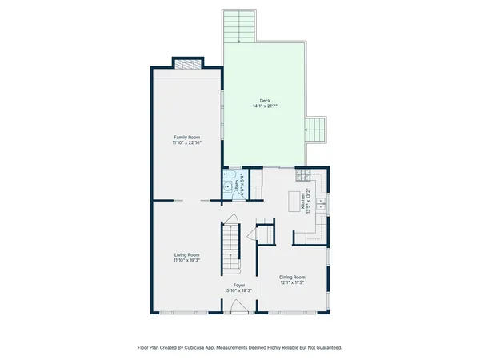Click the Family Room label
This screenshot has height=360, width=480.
coord(186,138)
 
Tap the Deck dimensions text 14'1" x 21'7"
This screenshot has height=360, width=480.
coord(265,106)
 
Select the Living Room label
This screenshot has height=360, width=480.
coord(186,255)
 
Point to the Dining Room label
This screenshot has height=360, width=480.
coord(293,277)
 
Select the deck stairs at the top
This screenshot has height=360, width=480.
coord(238,26)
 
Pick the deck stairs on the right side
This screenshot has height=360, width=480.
coord(316,129)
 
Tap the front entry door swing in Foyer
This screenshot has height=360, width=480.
coord(238,306)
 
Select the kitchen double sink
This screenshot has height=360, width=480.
coord(322,202)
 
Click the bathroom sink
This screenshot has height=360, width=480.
coord(227,189)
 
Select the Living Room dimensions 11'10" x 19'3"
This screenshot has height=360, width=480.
coord(186,261)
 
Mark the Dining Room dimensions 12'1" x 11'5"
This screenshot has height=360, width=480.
coord(293,282)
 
